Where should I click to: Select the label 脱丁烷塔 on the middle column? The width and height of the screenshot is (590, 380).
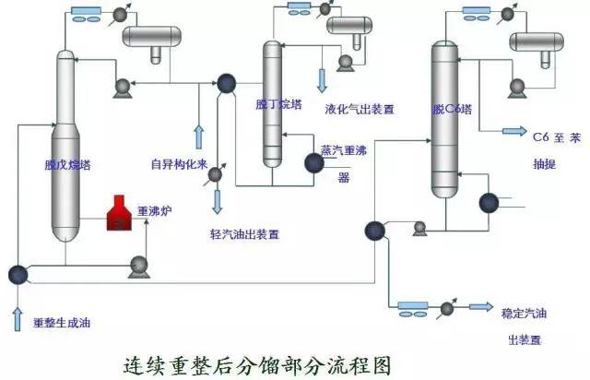coord(272,104)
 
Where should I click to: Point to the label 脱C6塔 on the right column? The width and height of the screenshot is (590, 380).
coord(451,109)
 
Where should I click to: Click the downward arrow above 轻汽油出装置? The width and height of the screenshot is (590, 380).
coord(217,201)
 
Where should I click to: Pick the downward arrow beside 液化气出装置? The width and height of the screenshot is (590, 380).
coord(322,80)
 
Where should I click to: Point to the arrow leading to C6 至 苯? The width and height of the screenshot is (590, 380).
coord(513,132)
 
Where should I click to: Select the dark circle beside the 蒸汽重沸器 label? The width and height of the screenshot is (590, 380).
coord(313,162)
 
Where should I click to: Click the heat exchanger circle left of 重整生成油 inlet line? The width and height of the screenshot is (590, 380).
coord(17,274)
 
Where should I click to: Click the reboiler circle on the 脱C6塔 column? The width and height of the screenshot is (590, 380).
coord(487,202)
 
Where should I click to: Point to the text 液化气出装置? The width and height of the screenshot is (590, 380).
coord(360,109)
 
